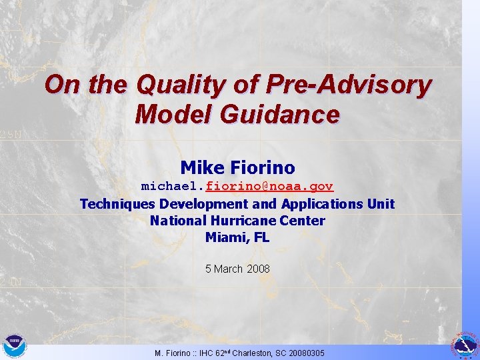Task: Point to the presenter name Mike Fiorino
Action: (237, 167)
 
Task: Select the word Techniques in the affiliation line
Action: (117, 204)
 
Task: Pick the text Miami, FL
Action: (237, 237)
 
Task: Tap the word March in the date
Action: (228, 269)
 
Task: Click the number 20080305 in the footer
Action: (305, 353)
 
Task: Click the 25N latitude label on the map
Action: (10, 134)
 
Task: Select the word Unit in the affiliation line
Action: (381, 204)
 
